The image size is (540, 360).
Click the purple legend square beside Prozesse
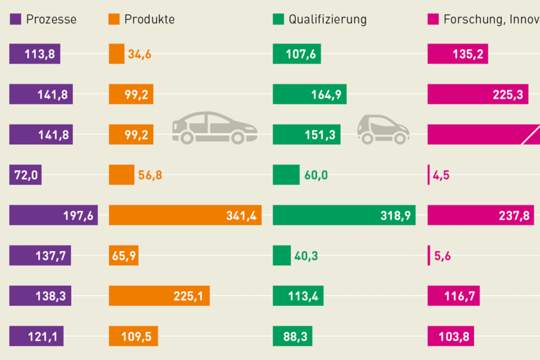point(15,19)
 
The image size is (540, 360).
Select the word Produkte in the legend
point(149,19)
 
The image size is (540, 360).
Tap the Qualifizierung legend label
point(328,19)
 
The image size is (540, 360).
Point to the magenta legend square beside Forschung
point(433,19)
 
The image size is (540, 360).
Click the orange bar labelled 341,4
point(185,215)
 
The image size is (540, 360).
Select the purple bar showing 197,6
point(53,215)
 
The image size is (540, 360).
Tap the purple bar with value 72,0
point(25,175)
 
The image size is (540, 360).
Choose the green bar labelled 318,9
point(344,215)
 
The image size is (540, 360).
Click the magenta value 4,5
point(442,175)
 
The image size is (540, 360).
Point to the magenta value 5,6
point(442,256)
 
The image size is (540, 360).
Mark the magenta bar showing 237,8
point(483,215)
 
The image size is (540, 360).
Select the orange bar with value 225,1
point(159,296)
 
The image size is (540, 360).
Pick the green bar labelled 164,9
point(310,94)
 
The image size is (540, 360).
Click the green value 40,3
point(306,256)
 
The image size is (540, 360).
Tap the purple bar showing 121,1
point(36,336)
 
